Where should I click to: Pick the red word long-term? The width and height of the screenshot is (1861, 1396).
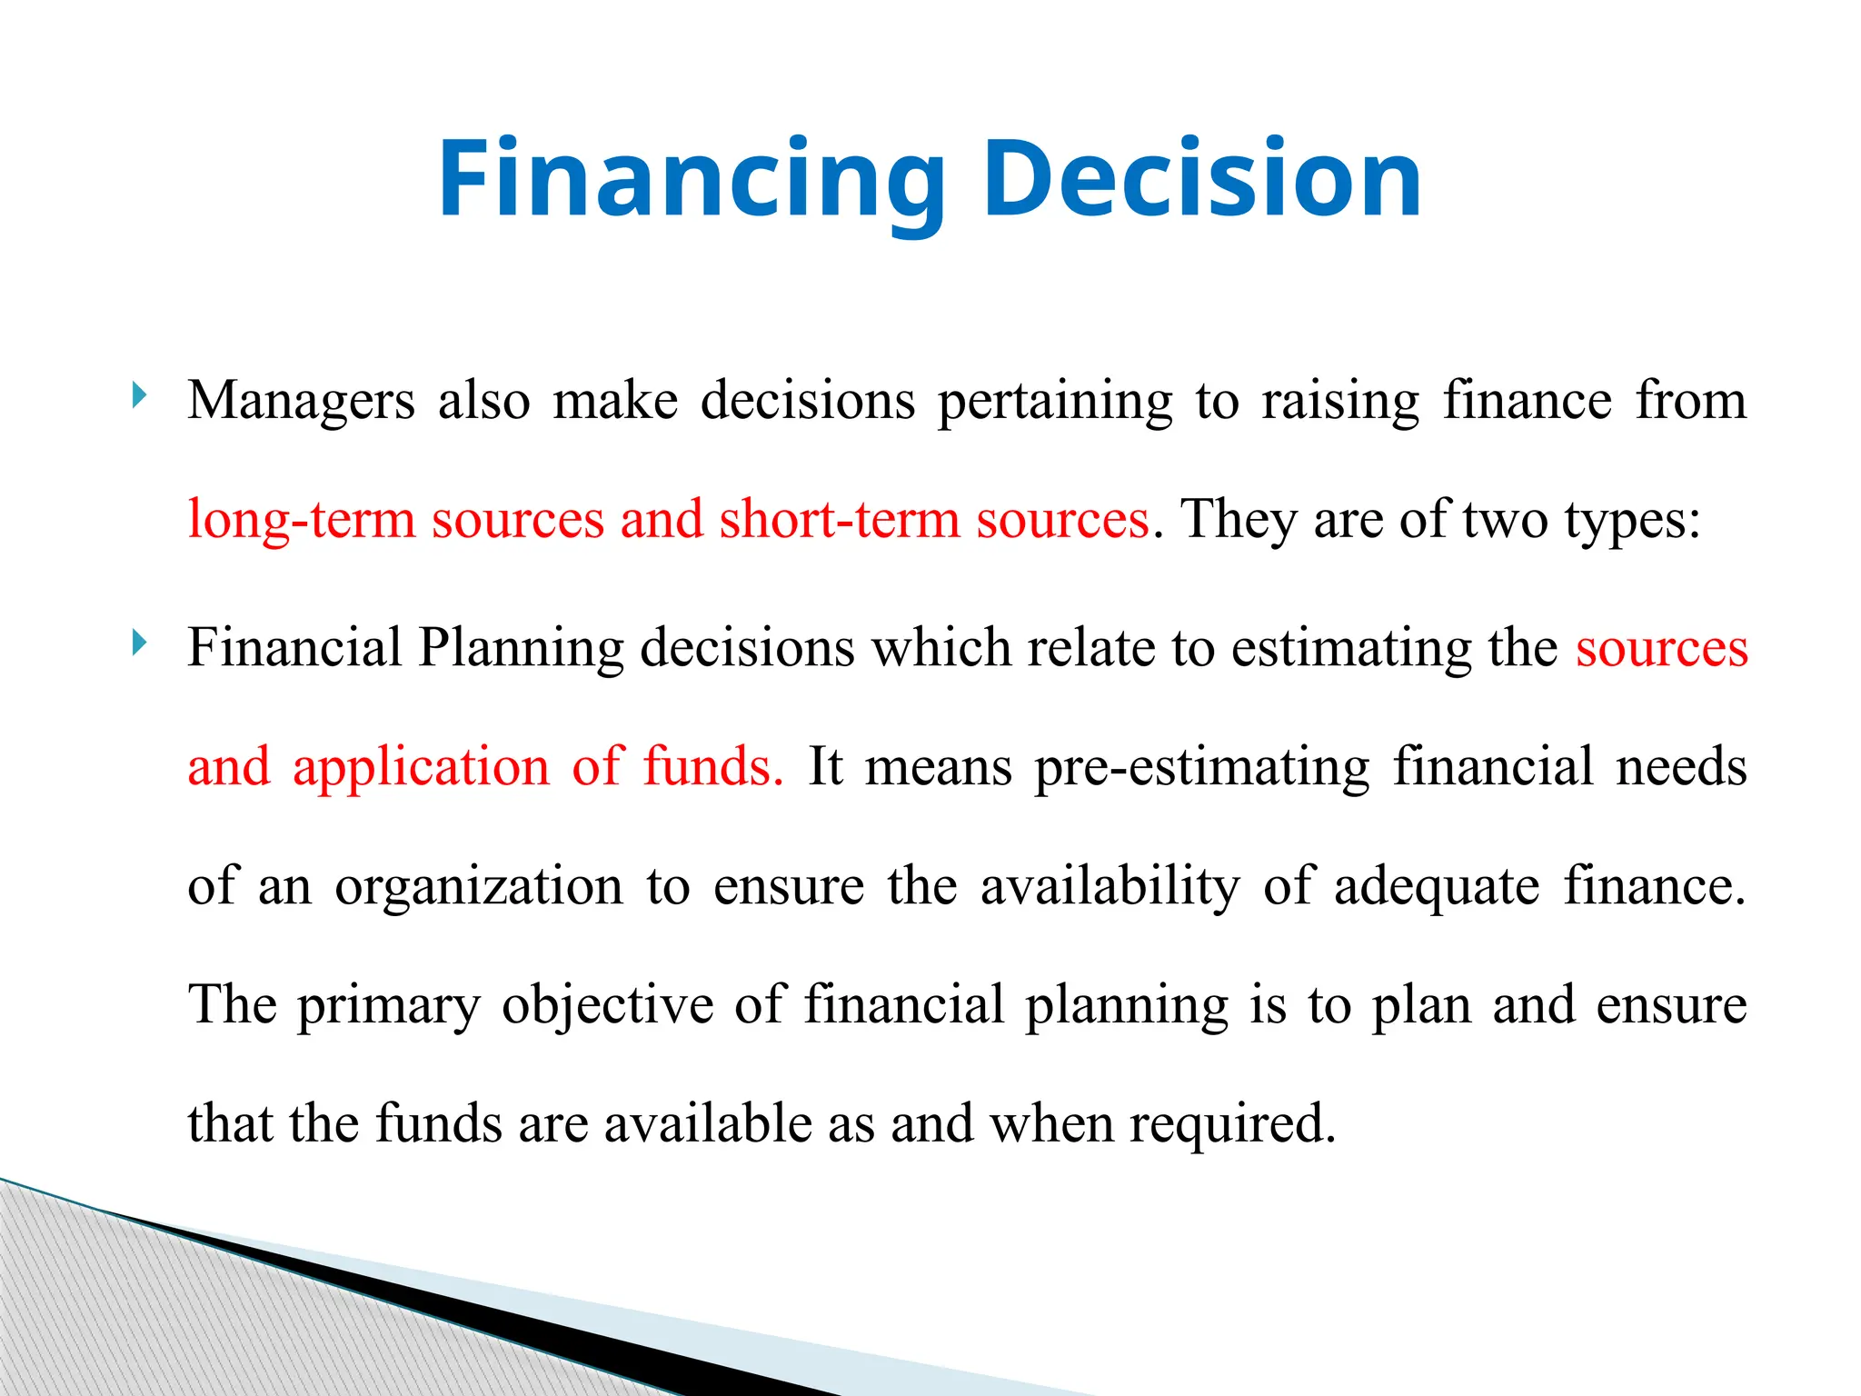(301, 520)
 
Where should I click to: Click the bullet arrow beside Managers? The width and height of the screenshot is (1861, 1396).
(139, 395)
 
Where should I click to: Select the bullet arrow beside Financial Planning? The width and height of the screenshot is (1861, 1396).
(139, 643)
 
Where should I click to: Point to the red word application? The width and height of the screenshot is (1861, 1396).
(421, 766)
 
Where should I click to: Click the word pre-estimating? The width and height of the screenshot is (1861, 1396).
(1201, 766)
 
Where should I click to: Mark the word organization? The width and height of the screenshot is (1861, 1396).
(479, 886)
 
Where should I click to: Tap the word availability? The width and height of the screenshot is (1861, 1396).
(1110, 886)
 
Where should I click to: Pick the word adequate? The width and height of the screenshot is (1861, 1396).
(1437, 886)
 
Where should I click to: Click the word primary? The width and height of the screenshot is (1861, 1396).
(389, 1005)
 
